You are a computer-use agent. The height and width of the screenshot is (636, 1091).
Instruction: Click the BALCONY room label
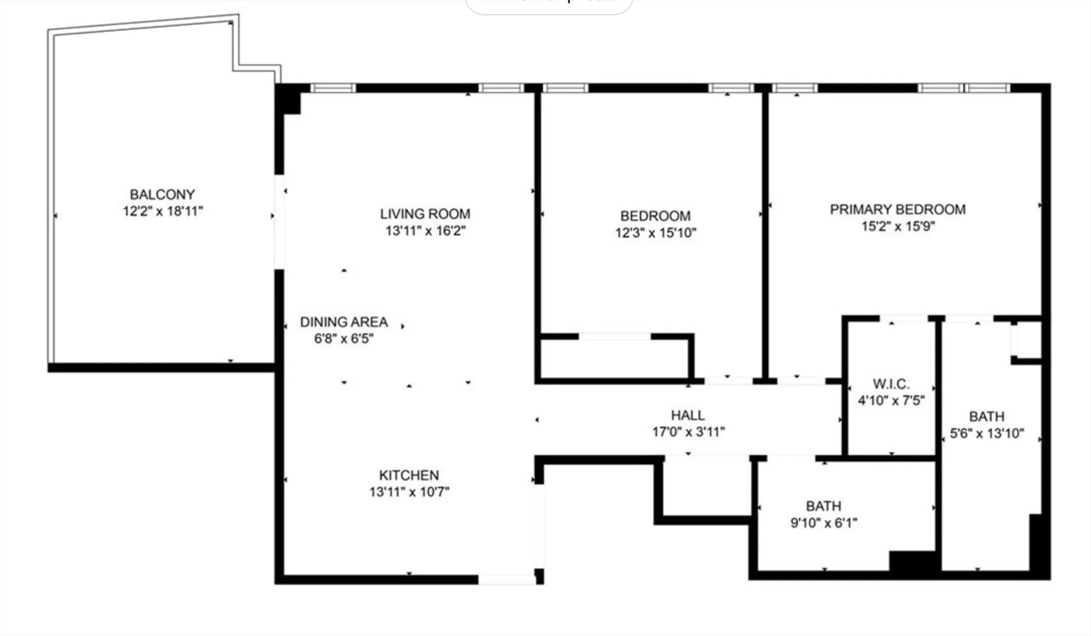(x=162, y=194)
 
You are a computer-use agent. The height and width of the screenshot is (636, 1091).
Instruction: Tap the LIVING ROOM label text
(x=425, y=214)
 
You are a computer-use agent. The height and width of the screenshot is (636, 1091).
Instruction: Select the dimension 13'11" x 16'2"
(x=425, y=231)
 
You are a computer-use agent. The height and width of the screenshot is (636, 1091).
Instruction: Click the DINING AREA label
(x=344, y=322)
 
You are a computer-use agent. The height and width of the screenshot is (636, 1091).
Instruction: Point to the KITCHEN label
(x=409, y=475)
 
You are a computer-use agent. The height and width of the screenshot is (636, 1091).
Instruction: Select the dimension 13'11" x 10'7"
(x=409, y=492)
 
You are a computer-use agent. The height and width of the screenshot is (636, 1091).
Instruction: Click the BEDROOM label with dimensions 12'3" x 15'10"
(x=655, y=216)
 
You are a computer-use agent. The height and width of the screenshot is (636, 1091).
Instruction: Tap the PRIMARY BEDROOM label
(x=898, y=210)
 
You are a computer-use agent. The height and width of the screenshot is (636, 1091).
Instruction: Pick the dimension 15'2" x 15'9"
(x=898, y=226)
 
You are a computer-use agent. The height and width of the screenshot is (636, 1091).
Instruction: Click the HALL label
(x=687, y=415)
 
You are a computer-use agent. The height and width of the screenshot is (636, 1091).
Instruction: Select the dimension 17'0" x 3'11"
(x=688, y=432)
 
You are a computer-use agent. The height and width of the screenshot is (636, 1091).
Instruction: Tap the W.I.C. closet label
(x=891, y=384)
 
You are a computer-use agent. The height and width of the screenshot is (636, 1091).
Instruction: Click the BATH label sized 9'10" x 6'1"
(x=823, y=506)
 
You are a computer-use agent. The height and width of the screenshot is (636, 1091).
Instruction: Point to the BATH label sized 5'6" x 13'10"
(x=987, y=416)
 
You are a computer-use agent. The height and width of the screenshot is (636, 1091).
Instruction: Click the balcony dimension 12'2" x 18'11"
(x=162, y=211)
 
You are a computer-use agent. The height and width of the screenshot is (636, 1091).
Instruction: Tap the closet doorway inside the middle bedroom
(x=614, y=336)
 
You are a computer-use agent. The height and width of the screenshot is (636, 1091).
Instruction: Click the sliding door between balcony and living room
(x=279, y=222)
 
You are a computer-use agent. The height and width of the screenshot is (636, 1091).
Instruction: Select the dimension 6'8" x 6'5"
(x=344, y=339)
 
